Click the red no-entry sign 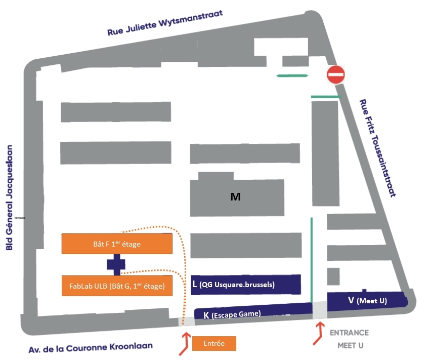tap(335, 75)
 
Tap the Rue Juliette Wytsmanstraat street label tap(165, 23)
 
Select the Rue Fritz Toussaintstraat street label tap(377, 147)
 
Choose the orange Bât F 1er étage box tap(117, 244)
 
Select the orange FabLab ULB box tap(117, 286)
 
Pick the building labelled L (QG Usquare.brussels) tap(246, 284)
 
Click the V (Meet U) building tap(367, 300)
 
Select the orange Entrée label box tap(214, 343)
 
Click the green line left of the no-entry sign tap(292, 76)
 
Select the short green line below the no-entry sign tap(326, 96)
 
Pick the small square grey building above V tap(333, 276)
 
